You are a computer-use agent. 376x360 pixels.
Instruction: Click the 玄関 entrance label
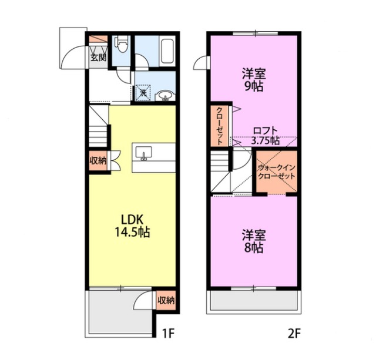click(98, 58)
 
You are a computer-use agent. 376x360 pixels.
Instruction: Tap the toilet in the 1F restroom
click(122, 43)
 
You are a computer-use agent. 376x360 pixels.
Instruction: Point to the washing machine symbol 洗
click(143, 93)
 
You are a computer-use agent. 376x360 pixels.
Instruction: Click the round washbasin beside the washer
click(164, 95)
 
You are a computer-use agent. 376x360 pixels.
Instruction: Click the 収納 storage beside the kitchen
click(98, 161)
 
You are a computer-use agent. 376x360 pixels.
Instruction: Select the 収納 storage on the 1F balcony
click(166, 300)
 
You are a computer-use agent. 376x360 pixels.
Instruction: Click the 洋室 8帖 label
click(254, 241)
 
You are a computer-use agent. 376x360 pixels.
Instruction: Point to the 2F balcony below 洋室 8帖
click(254, 303)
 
